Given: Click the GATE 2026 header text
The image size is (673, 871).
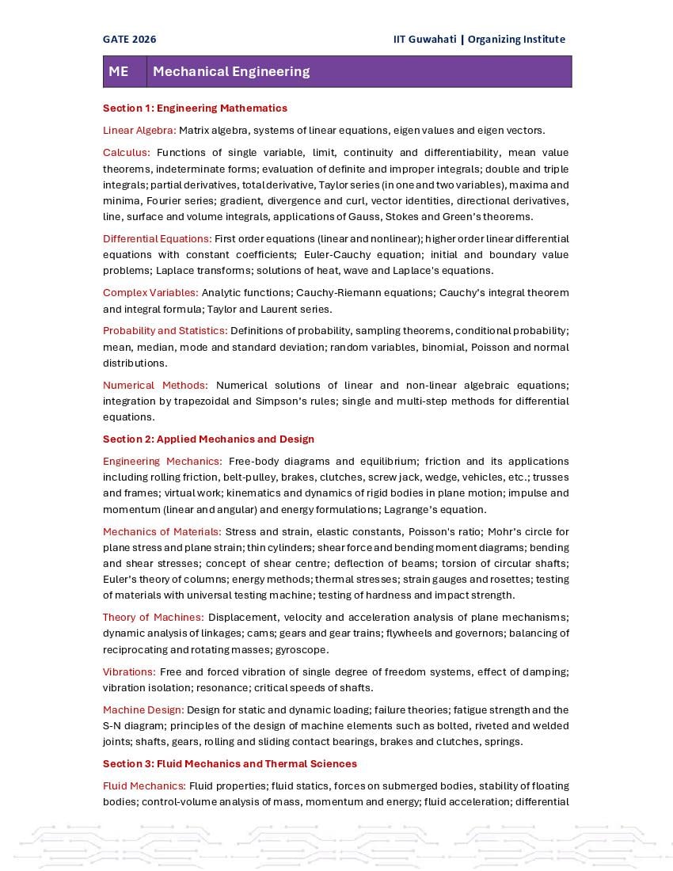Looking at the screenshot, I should click(129, 39).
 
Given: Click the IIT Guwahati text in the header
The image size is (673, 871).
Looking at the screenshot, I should click(424, 39).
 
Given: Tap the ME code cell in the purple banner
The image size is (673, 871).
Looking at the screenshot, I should click(119, 71).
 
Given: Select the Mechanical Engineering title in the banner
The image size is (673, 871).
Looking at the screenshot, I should click(231, 71).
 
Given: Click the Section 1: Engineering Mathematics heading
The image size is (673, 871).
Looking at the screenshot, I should click(195, 108).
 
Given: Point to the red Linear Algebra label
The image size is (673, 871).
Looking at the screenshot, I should click(139, 130).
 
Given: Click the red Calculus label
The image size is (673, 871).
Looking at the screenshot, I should click(126, 152).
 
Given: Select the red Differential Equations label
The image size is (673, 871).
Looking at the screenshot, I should click(157, 238).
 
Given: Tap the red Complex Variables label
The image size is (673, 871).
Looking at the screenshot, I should click(150, 292).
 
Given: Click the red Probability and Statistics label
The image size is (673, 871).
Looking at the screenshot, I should click(165, 330).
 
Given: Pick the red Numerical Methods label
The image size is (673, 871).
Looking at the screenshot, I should click(155, 385).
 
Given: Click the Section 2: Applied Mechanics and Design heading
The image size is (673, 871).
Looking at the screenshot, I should click(208, 439).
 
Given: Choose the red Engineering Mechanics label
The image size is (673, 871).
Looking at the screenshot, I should click(162, 461).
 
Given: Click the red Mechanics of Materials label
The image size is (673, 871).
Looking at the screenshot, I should click(162, 531).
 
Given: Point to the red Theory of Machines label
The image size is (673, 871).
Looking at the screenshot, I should click(153, 617).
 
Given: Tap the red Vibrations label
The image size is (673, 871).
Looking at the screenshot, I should click(129, 671).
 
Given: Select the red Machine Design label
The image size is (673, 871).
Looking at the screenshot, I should click(143, 709).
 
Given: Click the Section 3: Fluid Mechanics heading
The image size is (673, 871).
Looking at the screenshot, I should click(230, 763).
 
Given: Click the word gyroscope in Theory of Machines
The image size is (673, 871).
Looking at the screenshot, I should click(301, 649).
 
